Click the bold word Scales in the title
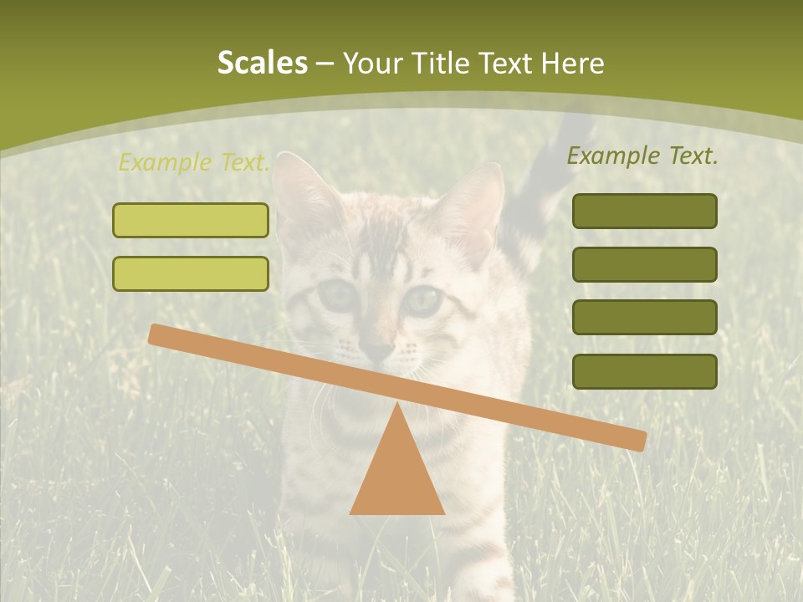click(262, 63)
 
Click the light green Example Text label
click(194, 162)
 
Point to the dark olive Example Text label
click(642, 156)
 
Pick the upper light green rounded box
click(191, 220)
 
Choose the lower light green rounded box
click(191, 273)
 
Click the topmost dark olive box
click(644, 211)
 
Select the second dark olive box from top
click(644, 264)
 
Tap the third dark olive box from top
click(644, 317)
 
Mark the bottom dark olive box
click(644, 371)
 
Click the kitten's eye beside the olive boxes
click(424, 299)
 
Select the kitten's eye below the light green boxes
click(337, 294)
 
